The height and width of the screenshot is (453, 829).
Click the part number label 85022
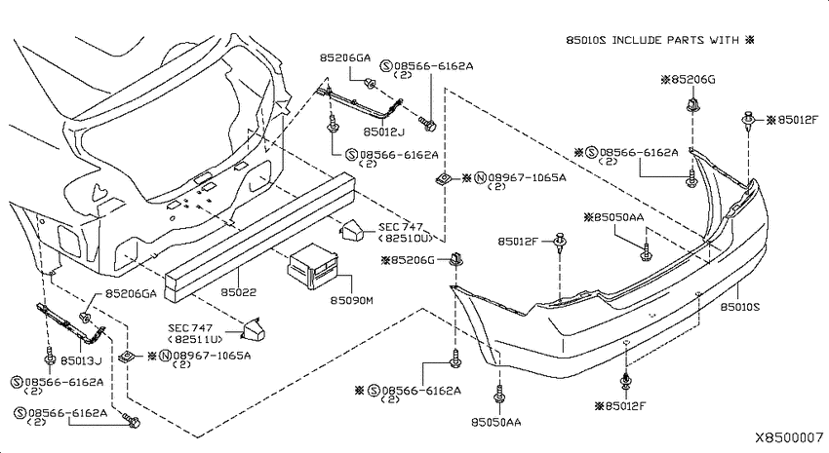238,292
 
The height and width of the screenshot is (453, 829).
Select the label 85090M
352,301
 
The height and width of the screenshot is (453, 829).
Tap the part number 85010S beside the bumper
739,307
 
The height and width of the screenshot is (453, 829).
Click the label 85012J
384,132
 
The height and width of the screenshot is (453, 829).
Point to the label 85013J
81,361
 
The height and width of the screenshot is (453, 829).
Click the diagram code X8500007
789,437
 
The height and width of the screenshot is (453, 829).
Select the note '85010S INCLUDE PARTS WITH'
652,40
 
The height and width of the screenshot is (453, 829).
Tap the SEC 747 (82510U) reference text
405,232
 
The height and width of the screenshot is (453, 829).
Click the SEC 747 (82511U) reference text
195,333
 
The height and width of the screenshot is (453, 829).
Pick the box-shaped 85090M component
312,266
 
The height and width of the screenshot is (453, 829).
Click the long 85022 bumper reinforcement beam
259,237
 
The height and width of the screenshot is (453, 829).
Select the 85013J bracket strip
70,323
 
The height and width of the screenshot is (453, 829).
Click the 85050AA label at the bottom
495,423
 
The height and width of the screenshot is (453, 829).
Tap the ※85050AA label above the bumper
613,217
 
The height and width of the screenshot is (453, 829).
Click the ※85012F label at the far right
792,121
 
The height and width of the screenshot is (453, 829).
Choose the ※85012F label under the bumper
620,406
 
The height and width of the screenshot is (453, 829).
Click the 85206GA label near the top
344,58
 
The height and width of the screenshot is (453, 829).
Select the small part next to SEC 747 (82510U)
350,230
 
